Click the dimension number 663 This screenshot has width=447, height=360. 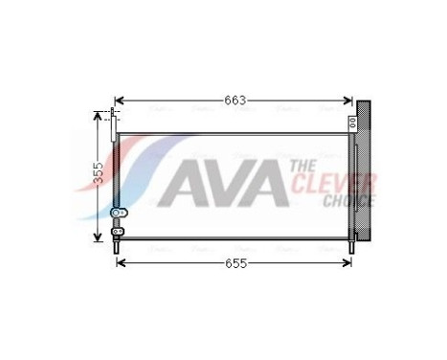(x=235, y=100)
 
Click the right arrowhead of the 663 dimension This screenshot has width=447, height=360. (x=351, y=100)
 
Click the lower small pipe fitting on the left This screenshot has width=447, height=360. (x=117, y=230)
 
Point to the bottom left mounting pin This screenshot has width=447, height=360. (x=117, y=246)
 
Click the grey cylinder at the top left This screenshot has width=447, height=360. (x=115, y=124)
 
